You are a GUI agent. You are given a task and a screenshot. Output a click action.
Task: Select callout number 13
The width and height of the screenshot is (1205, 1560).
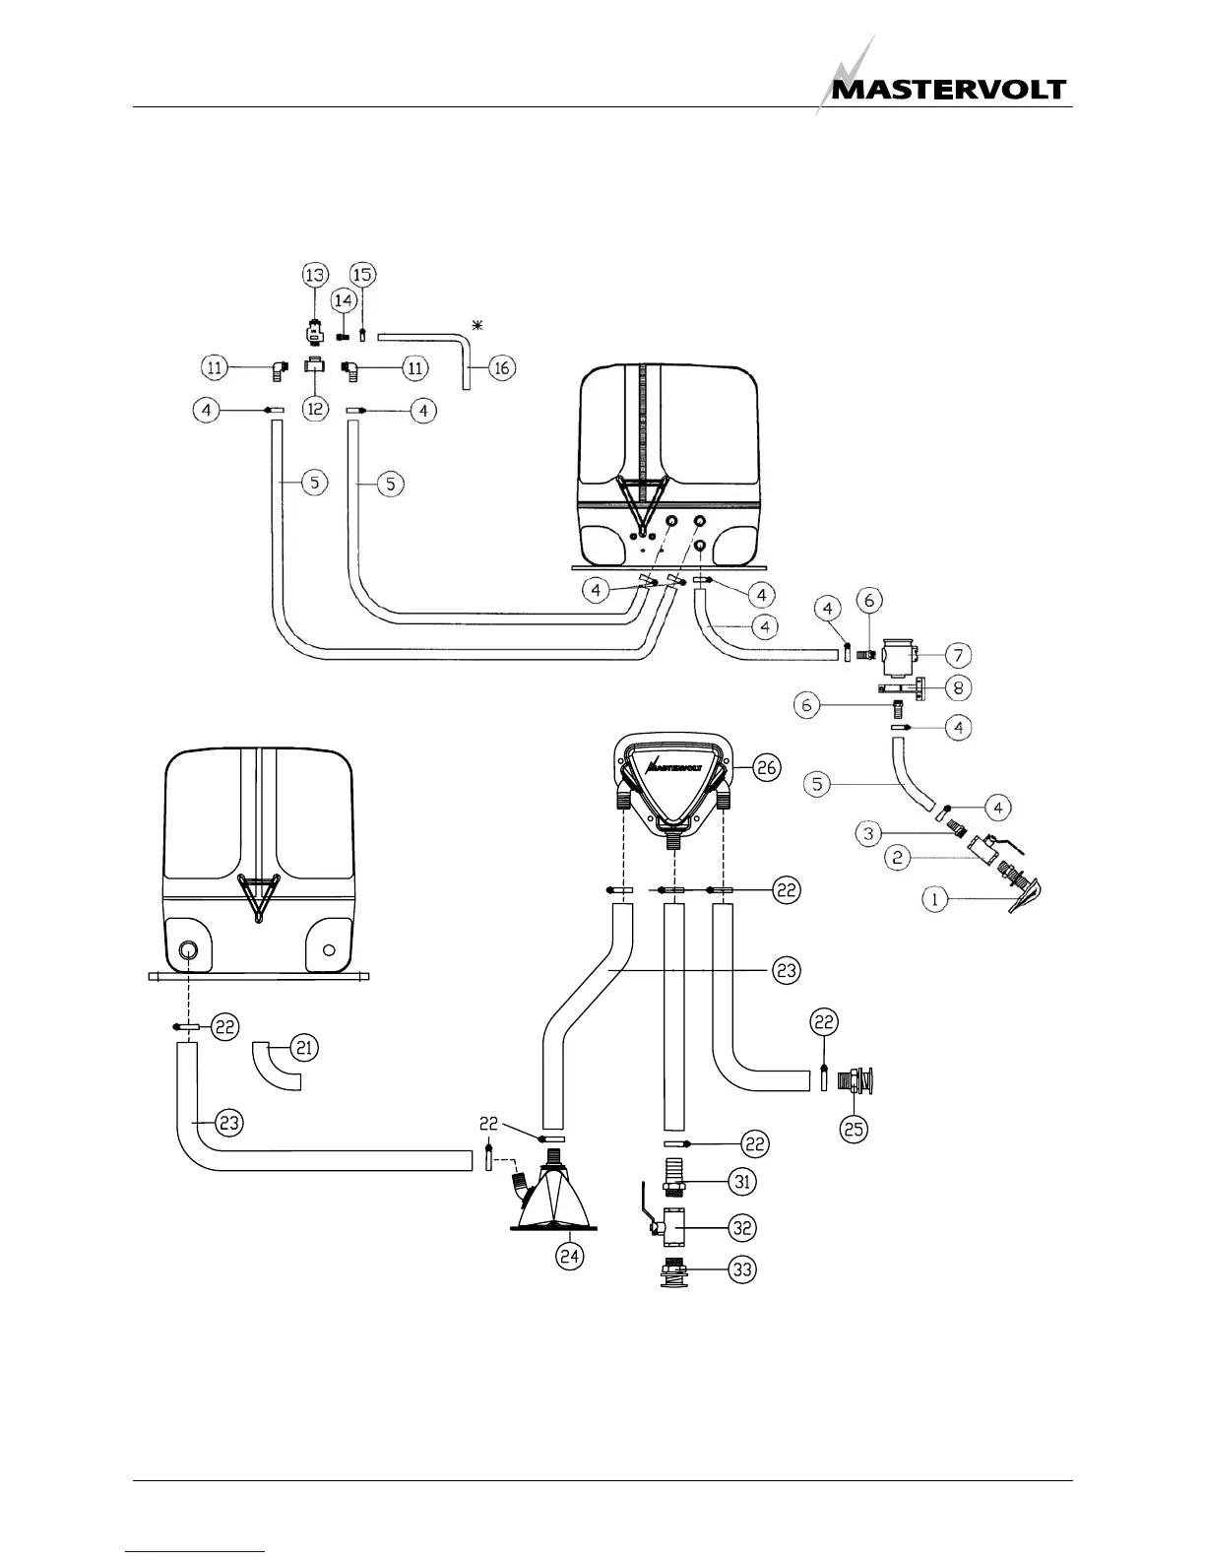[314, 275]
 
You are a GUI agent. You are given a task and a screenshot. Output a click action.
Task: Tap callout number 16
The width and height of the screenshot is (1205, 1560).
[501, 368]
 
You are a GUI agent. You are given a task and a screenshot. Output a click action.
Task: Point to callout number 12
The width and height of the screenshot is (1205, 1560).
[314, 409]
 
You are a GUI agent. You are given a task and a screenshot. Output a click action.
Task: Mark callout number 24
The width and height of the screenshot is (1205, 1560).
[570, 1256]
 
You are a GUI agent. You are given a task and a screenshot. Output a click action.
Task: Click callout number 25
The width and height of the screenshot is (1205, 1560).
[854, 1129]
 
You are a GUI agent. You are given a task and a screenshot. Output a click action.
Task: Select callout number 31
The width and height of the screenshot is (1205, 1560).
[742, 1180]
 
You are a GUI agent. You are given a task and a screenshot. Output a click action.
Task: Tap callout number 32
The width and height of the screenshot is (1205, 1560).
[742, 1227]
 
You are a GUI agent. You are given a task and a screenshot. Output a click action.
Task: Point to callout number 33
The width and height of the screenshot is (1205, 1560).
[742, 1269]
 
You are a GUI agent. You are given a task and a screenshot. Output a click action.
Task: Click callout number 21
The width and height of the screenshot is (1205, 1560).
[305, 1049]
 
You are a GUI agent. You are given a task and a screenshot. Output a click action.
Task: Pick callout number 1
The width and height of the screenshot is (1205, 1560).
[934, 898]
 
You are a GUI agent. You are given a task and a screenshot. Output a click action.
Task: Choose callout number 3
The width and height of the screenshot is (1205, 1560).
[868, 834]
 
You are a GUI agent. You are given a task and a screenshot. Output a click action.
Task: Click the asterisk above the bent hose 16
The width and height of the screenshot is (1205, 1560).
[478, 325]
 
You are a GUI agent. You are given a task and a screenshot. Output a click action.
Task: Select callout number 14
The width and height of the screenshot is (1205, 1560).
[344, 299]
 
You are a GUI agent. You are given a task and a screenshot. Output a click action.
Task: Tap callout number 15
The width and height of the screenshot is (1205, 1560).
[363, 274]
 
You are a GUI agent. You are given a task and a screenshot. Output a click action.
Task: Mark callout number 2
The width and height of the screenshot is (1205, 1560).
[897, 858]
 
